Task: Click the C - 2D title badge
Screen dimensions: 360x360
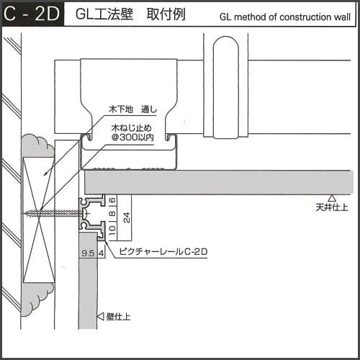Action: click(x=33, y=14)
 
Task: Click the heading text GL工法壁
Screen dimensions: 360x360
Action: click(x=104, y=14)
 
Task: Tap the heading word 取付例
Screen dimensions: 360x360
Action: click(x=166, y=14)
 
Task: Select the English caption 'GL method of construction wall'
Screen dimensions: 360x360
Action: click(x=285, y=17)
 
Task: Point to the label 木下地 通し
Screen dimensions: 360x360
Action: click(x=132, y=109)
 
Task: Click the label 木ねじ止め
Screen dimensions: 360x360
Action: click(x=132, y=128)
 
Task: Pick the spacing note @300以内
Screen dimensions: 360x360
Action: click(x=132, y=138)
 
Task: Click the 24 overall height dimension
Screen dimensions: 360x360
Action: click(x=127, y=217)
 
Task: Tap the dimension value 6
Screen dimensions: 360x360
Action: click(x=112, y=200)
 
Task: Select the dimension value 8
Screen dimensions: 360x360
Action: click(x=112, y=213)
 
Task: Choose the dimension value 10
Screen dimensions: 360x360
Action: click(x=112, y=230)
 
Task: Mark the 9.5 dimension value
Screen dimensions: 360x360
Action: click(x=88, y=253)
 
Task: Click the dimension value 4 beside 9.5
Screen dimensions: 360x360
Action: click(x=102, y=253)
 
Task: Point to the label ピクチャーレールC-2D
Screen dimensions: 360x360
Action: click(x=163, y=252)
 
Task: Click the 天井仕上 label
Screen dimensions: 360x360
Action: click(x=332, y=207)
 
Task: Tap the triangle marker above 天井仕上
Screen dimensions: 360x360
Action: click(x=332, y=198)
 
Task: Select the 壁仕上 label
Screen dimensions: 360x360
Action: click(x=118, y=317)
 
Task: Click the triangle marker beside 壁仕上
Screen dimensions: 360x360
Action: click(x=101, y=317)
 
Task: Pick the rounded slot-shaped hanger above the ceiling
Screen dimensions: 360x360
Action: click(x=226, y=88)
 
